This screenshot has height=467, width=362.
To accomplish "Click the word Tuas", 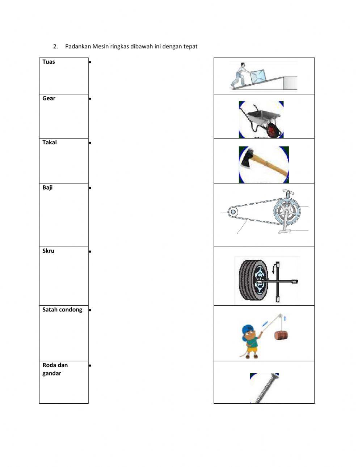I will (49, 62).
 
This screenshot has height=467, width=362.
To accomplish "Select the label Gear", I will (49, 98).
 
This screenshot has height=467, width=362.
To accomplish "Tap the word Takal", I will (50, 143).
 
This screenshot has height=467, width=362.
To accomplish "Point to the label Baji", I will (47, 187).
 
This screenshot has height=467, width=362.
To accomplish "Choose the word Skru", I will (48, 251).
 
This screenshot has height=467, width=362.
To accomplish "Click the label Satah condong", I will (62, 310).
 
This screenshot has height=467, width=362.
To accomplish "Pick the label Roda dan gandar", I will (55, 369).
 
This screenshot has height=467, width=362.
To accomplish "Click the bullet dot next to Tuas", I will (90, 62).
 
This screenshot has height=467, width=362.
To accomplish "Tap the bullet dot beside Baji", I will (90, 188).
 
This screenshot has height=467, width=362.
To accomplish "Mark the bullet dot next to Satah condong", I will (90, 310).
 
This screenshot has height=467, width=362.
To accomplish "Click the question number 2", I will (55, 46).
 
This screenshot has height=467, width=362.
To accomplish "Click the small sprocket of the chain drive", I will (232, 212).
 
